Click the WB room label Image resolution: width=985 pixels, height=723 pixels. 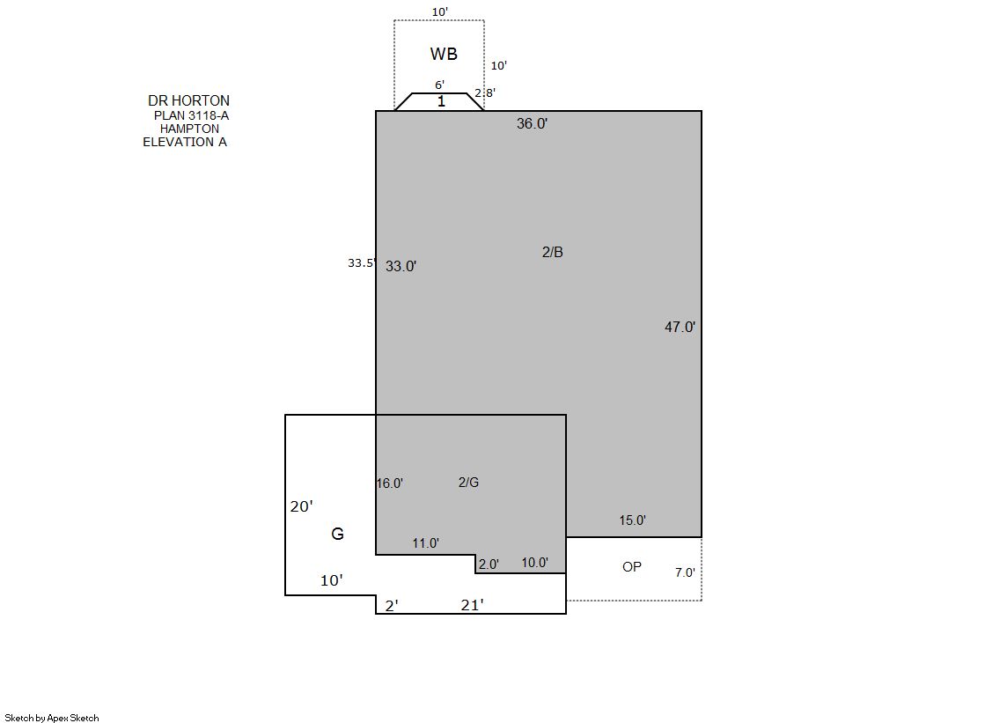click(444, 54)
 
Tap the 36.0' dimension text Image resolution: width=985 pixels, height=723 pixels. click(532, 123)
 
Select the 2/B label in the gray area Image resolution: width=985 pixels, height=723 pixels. click(552, 252)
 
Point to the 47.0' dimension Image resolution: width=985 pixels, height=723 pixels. click(680, 327)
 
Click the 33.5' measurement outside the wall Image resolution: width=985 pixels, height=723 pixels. click(362, 262)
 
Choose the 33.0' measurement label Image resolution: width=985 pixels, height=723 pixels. click(401, 266)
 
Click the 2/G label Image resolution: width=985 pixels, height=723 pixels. click(468, 483)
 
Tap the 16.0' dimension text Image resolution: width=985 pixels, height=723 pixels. click(389, 483)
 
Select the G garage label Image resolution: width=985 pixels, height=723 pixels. click(337, 534)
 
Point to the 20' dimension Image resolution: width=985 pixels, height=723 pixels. click(302, 506)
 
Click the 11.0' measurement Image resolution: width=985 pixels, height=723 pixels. click(426, 543)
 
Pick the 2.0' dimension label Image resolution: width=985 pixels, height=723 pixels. click(489, 564)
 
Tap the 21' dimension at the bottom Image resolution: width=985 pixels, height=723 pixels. click(473, 605)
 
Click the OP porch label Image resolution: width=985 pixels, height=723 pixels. click(632, 567)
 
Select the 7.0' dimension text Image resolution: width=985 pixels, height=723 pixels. click(686, 572)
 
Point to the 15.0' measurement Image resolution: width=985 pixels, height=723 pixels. click(633, 520)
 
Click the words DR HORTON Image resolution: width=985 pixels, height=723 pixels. click(188, 100)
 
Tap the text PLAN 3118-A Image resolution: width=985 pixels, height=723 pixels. click(192, 115)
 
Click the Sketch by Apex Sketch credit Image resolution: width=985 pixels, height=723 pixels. click(52, 718)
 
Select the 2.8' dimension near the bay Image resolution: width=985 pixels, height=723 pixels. click(485, 92)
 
